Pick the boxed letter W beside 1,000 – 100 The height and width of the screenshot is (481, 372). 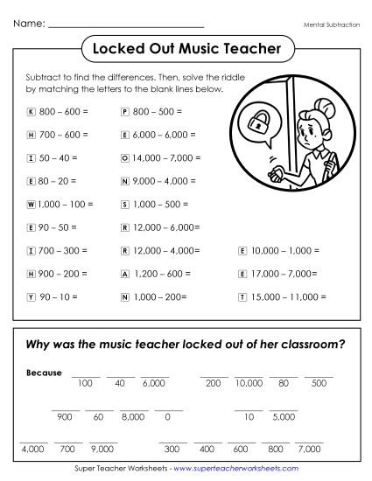(31, 204)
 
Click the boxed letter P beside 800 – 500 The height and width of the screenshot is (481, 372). (124, 112)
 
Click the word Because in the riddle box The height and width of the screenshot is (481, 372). (44, 373)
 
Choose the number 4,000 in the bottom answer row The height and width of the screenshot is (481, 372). (33, 449)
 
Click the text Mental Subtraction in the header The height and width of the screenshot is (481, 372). (333, 25)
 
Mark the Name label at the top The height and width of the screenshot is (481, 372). (29, 24)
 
